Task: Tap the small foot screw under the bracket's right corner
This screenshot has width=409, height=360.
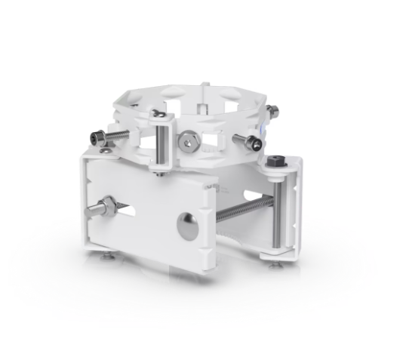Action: (269, 262)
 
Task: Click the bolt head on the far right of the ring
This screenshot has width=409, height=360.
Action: (270, 112)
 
